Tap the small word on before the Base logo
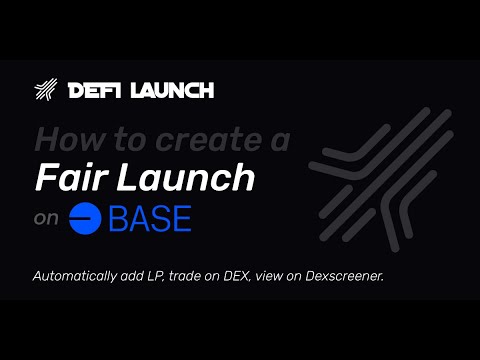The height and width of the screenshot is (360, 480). tap(46, 220)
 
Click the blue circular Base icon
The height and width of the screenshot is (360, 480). tap(87, 218)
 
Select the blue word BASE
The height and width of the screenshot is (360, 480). tap(151, 218)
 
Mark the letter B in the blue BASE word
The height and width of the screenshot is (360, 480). tap(119, 218)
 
